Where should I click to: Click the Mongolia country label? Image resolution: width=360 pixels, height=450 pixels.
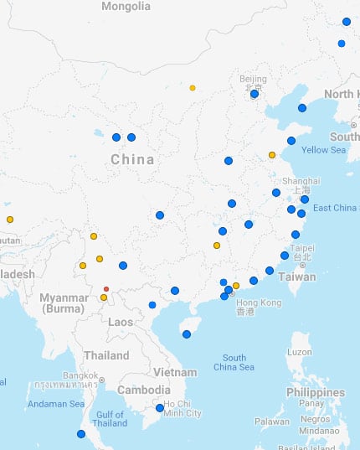pyautogui.click(x=126, y=7)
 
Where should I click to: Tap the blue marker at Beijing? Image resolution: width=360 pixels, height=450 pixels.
pyautogui.click(x=255, y=94)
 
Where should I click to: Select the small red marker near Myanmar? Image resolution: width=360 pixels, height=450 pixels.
pyautogui.click(x=106, y=289)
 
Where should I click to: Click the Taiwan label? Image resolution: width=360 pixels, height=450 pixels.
pyautogui.click(x=297, y=277)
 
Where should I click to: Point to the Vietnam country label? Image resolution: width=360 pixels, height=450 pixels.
pyautogui.click(x=175, y=372)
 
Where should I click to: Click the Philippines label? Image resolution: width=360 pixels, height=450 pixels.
pyautogui.click(x=316, y=392)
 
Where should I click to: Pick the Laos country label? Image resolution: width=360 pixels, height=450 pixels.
pyautogui.click(x=121, y=322)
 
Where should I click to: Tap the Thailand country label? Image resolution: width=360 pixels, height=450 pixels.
pyautogui.click(x=105, y=355)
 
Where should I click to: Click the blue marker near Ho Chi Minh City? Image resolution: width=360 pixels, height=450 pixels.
pyautogui.click(x=160, y=408)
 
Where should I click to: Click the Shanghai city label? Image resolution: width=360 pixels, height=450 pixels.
pyautogui.click(x=301, y=181)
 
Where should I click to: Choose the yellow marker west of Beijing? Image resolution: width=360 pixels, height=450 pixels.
pyautogui.click(x=193, y=88)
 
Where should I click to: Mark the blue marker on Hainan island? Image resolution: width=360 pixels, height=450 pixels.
pyautogui.click(x=187, y=334)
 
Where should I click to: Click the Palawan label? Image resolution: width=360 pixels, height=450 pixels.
pyautogui.click(x=271, y=422)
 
